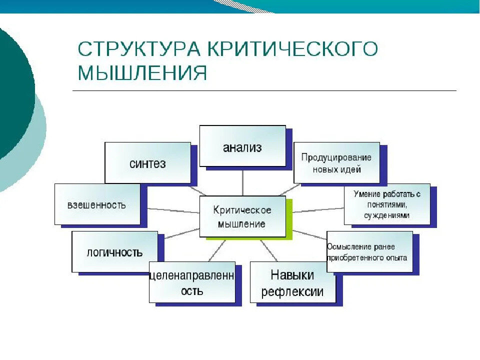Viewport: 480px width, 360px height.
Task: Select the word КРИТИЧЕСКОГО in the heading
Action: coord(292,49)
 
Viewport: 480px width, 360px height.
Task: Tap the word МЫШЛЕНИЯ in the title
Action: coord(142,73)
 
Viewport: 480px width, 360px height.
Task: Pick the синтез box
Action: coord(147,162)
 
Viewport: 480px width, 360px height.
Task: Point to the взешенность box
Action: coord(97,204)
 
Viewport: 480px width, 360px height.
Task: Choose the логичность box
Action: coord(114,251)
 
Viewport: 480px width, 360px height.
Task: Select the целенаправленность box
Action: coord(192,282)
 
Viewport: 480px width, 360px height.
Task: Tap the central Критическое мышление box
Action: coord(242,216)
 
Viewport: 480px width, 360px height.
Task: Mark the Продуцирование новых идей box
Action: coord(336,162)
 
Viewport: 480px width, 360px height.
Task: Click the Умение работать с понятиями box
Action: coord(386,204)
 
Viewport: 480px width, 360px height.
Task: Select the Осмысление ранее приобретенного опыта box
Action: coord(369,251)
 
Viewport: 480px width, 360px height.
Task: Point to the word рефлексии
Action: coord(292,291)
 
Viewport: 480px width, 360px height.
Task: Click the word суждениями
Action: coord(387,215)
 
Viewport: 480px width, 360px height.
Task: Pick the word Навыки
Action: coord(292,274)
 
